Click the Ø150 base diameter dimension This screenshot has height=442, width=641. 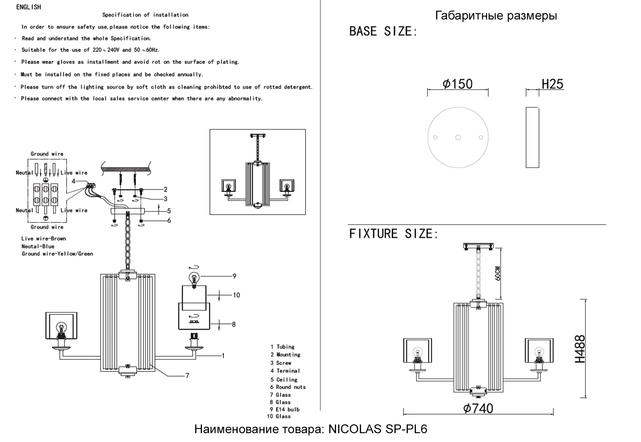pyautogui.click(x=458, y=84)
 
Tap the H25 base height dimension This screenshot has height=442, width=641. pyautogui.click(x=552, y=84)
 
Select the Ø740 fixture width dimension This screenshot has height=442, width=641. pyautogui.click(x=478, y=408)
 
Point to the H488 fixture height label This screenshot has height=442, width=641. pyautogui.click(x=580, y=349)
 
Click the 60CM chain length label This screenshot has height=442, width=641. pyautogui.click(x=498, y=273)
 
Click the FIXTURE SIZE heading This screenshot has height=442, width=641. pyautogui.click(x=393, y=234)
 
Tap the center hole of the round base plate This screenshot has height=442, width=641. pyautogui.click(x=458, y=137)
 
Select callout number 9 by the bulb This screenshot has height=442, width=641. pyautogui.click(x=234, y=276)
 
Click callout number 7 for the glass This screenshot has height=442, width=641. pyautogui.click(x=187, y=375)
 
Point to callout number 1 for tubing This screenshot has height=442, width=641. pyautogui.click(x=223, y=355)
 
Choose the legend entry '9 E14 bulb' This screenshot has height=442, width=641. pyautogui.click(x=285, y=409)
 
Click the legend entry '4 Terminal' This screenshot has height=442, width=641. pyautogui.click(x=285, y=371)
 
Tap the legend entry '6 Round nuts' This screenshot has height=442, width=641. pyautogui.click(x=288, y=387)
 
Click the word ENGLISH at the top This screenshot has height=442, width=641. pyautogui.click(x=29, y=7)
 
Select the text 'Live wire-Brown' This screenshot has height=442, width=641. pyautogui.click(x=43, y=239)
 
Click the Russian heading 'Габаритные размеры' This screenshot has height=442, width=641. pyautogui.click(x=496, y=15)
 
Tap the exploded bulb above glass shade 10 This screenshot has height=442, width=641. pyautogui.click(x=194, y=278)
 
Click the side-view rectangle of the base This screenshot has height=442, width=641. pyautogui.click(x=532, y=137)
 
